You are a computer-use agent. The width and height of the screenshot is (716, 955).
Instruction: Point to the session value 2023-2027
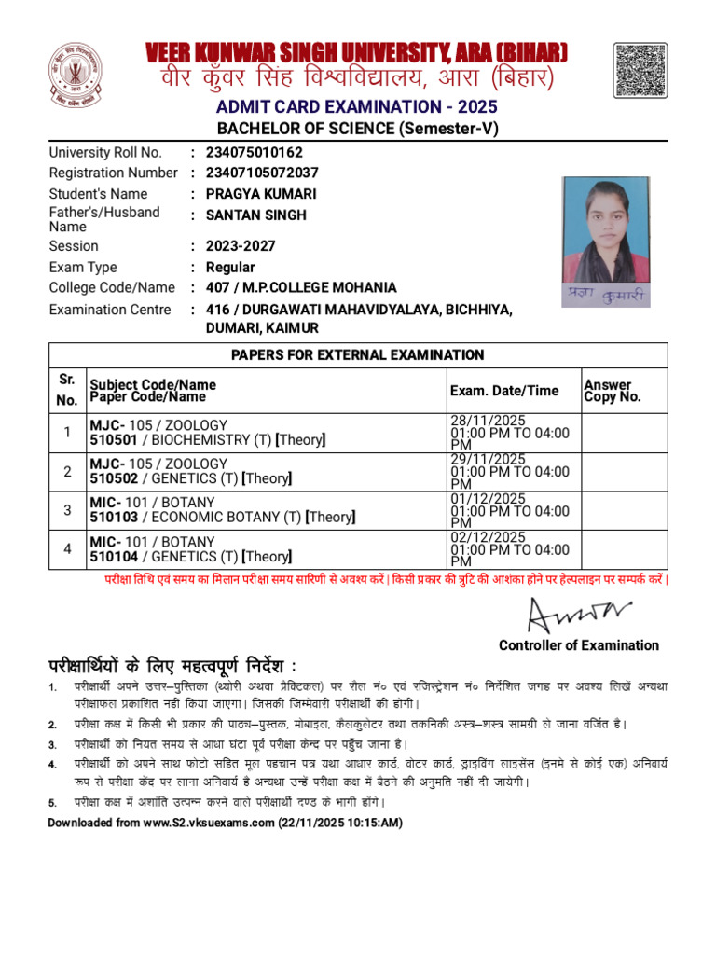tap(237, 246)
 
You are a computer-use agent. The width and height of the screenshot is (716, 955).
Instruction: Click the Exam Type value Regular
tap(229, 268)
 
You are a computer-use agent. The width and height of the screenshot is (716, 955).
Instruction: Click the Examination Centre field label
tap(110, 310)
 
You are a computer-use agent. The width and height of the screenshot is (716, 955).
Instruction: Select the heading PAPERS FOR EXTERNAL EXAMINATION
tap(358, 355)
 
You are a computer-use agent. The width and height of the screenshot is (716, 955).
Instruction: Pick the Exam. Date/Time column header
tap(503, 391)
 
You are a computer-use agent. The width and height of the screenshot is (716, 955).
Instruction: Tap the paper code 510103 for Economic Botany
tap(113, 518)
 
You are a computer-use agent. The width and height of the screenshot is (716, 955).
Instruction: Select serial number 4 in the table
tap(67, 548)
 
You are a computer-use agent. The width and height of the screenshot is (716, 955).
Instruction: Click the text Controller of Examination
tap(578, 645)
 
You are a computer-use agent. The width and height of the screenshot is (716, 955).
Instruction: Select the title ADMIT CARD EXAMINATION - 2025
tap(358, 107)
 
